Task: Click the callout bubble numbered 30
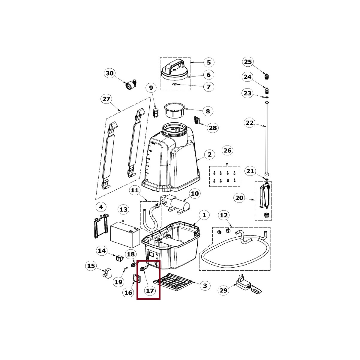(110, 73)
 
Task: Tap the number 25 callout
(248, 62)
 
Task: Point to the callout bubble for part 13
(124, 210)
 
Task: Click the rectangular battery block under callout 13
(125, 235)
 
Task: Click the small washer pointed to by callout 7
(174, 84)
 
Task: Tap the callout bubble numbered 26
(227, 151)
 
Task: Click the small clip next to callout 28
(197, 120)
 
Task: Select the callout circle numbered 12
(224, 215)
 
